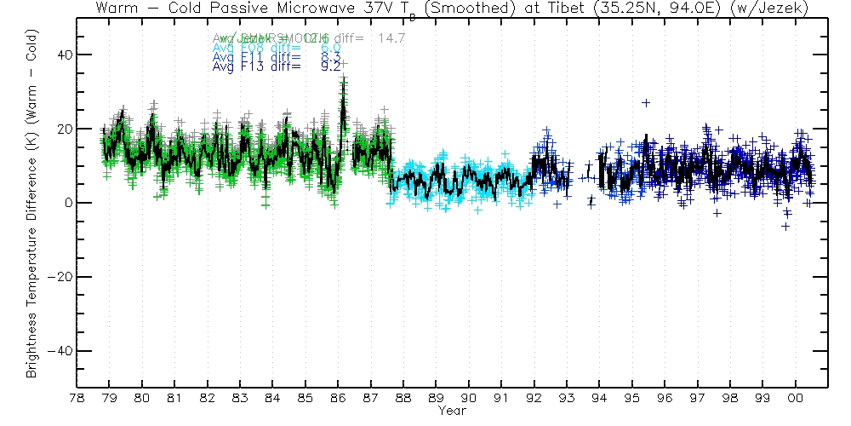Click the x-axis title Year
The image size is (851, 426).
(x=452, y=411)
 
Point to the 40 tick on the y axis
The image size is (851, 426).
(x=63, y=55)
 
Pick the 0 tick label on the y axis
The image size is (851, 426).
(x=66, y=203)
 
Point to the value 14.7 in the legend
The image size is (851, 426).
(x=390, y=38)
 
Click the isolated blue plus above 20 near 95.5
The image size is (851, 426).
(x=646, y=102)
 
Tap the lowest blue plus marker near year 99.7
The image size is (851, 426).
(x=785, y=226)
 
